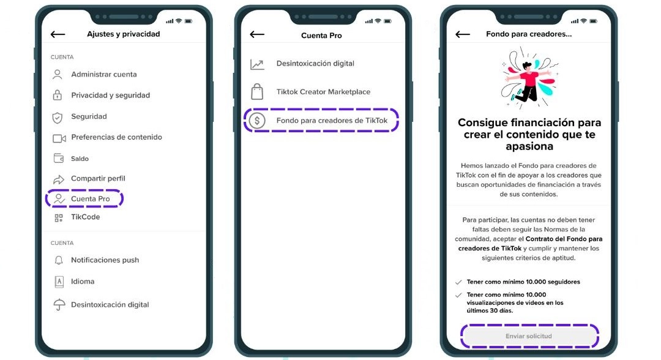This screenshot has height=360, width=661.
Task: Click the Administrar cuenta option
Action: [103, 74]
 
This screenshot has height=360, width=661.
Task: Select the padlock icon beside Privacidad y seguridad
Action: [58, 95]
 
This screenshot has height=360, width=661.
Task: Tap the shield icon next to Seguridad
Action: [58, 118]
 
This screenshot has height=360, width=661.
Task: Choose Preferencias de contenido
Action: [116, 137]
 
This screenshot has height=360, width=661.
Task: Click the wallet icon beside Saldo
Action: [59, 158]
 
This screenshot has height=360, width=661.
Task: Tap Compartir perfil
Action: [98, 178]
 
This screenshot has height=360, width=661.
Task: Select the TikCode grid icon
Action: [59, 217]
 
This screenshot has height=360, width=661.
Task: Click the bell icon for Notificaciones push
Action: [59, 260]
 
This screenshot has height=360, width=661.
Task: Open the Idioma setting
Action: [83, 281]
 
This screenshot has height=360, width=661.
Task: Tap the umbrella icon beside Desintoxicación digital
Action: [59, 304]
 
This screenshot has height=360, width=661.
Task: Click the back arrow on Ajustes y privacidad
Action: [58, 34]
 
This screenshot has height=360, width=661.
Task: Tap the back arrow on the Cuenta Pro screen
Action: [256, 34]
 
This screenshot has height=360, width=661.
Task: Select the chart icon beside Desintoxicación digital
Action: [257, 64]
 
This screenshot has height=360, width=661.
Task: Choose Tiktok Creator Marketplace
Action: [323, 91]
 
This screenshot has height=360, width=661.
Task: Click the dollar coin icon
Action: [257, 121]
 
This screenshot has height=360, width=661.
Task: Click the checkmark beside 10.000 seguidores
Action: [458, 282]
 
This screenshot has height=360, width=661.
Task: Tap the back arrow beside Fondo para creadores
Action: [463, 34]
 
